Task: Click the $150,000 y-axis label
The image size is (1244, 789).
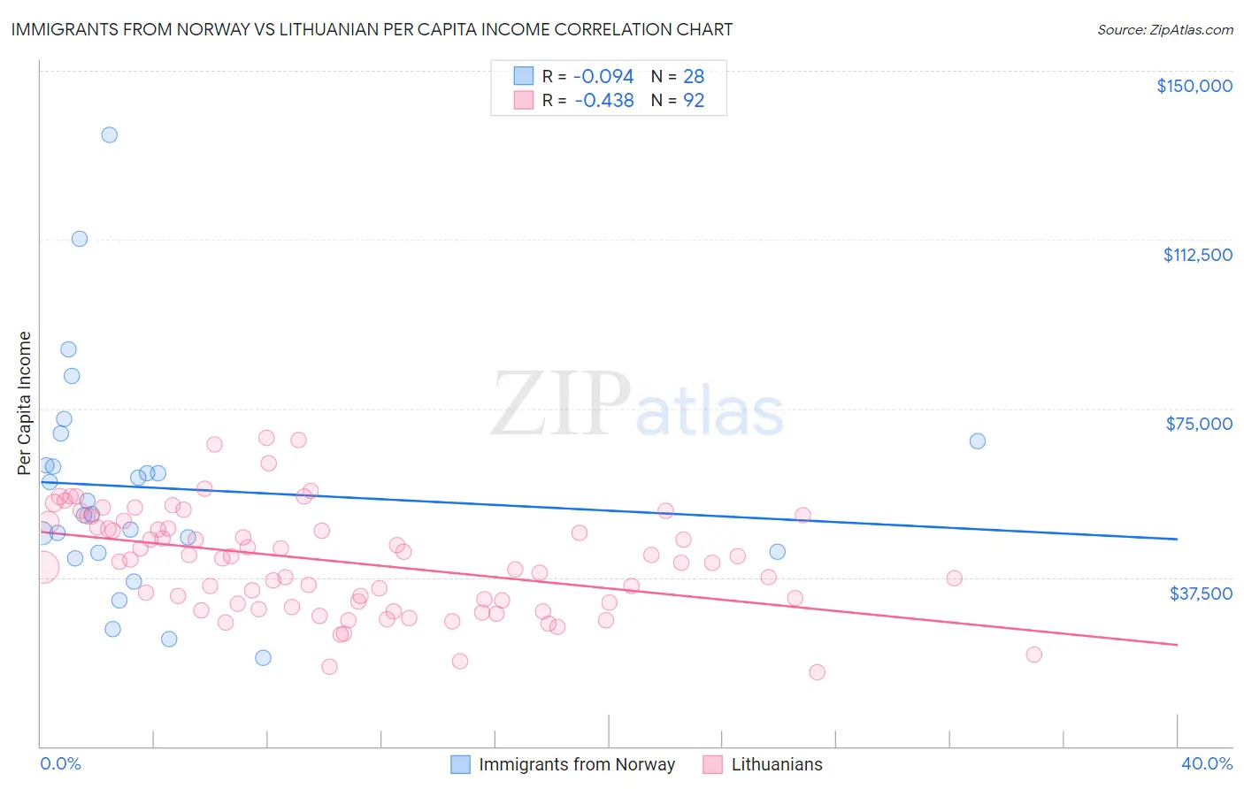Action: click(1194, 86)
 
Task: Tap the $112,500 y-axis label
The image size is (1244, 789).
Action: click(1197, 255)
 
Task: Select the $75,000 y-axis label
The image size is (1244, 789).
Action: click(1199, 424)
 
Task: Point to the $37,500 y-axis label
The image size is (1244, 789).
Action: click(1201, 594)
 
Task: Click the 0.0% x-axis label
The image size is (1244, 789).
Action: click(60, 764)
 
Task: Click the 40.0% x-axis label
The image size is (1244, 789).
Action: click(1206, 764)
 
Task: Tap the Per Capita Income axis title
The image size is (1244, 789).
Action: click(25, 402)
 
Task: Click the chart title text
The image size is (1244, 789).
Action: click(372, 29)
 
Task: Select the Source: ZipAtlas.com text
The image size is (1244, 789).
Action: click(1164, 30)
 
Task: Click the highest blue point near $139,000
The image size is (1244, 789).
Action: click(110, 135)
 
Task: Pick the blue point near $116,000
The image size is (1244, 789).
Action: click(80, 239)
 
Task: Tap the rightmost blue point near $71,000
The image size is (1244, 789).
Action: click(978, 441)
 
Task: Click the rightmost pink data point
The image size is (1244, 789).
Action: click(1033, 655)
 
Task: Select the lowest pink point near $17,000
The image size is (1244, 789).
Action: click(817, 672)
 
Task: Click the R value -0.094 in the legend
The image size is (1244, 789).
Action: click(603, 77)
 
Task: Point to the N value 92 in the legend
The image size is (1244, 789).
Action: click(694, 101)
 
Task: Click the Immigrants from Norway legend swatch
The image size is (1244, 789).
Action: click(460, 764)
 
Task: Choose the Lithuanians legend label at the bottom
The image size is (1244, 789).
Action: click(776, 764)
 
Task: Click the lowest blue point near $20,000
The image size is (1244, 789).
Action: click(263, 657)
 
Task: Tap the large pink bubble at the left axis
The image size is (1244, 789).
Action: click(42, 567)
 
